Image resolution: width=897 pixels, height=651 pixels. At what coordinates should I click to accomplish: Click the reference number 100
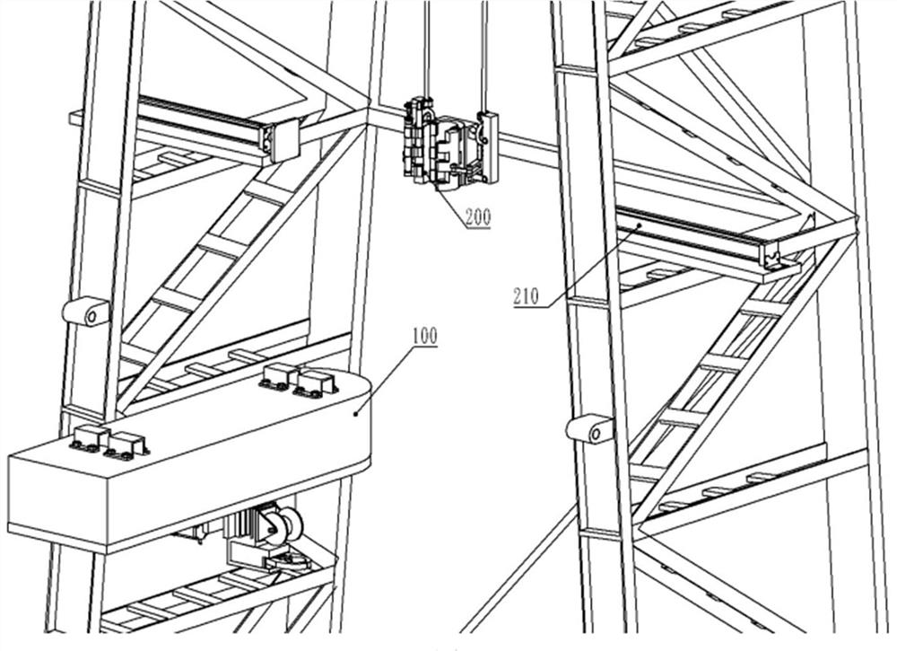click(425, 336)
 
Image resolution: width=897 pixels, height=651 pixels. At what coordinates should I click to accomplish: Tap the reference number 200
click(478, 217)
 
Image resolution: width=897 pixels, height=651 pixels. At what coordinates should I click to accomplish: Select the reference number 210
click(527, 296)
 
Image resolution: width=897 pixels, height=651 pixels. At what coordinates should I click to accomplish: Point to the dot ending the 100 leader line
click(357, 413)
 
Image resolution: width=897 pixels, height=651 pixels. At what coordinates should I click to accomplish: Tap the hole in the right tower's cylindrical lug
click(596, 434)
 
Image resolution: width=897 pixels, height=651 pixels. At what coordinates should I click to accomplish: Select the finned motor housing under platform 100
click(244, 528)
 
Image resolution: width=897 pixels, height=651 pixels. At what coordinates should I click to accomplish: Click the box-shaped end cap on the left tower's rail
click(284, 140)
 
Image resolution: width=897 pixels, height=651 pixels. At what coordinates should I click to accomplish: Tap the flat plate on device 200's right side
click(489, 147)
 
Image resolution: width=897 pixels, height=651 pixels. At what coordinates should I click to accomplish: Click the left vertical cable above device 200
click(426, 50)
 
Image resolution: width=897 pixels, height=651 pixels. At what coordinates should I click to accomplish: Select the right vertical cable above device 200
click(484, 57)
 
